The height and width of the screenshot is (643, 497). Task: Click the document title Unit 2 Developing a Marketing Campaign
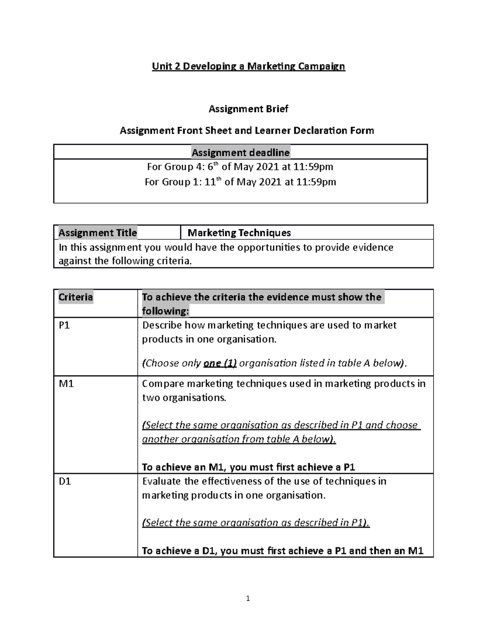(248, 66)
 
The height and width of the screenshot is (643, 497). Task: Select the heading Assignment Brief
(248, 109)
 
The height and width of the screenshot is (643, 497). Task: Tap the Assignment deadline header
(240, 153)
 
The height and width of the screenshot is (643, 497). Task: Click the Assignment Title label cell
(97, 233)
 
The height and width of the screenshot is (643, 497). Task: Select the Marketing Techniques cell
(239, 233)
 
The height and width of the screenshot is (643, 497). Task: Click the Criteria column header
(76, 297)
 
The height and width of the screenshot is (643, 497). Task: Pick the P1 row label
(65, 325)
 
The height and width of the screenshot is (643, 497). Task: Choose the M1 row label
(66, 384)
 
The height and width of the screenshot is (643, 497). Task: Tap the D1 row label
(65, 482)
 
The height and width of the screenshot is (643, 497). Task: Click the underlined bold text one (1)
(220, 364)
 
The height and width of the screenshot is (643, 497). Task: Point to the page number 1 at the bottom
(248, 598)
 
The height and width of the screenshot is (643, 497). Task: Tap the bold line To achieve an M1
(248, 467)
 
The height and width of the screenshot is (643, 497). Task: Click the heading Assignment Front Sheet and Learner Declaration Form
(247, 131)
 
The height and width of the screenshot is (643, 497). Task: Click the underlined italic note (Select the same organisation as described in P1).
(256, 523)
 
